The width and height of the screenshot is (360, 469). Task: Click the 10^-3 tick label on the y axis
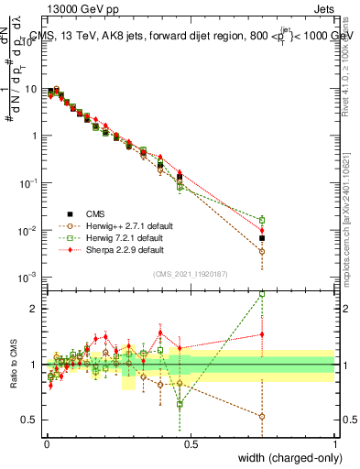point(27,277)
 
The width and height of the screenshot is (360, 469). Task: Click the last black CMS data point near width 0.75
point(262,238)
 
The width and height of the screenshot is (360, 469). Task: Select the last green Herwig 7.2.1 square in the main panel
point(262,220)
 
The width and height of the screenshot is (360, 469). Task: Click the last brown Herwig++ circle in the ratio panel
point(262,416)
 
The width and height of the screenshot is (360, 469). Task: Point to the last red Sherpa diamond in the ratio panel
point(262,334)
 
